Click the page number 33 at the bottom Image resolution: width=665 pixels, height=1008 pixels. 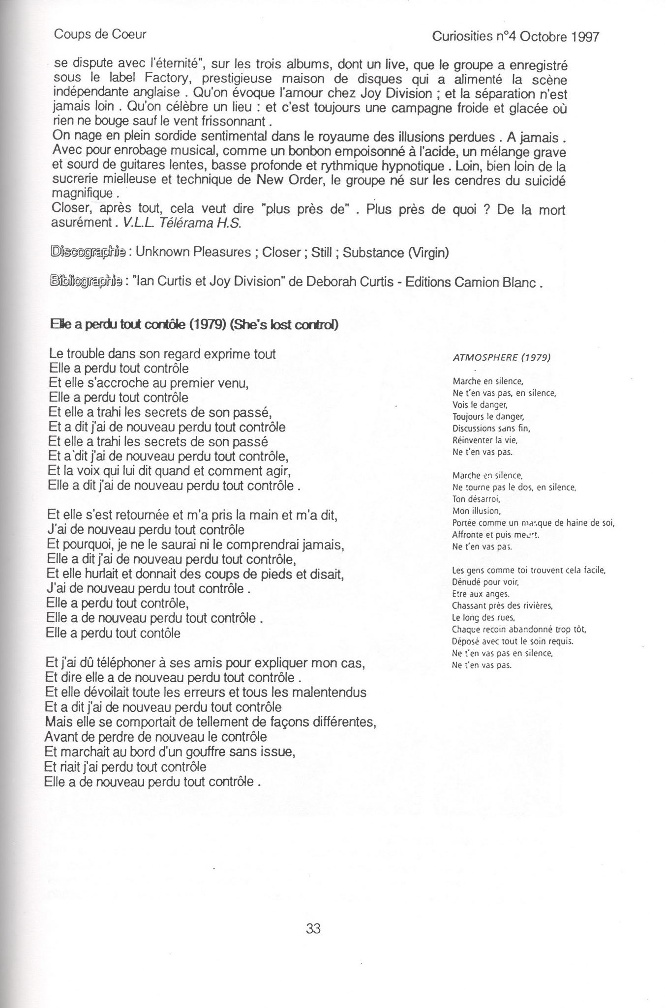[x=313, y=928]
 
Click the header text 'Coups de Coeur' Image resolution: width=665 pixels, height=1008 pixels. [x=100, y=34]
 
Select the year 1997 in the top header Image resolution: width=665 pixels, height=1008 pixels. [x=585, y=37]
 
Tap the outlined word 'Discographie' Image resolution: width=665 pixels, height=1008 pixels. [x=88, y=252]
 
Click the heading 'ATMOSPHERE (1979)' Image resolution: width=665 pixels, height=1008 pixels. [x=501, y=357]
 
